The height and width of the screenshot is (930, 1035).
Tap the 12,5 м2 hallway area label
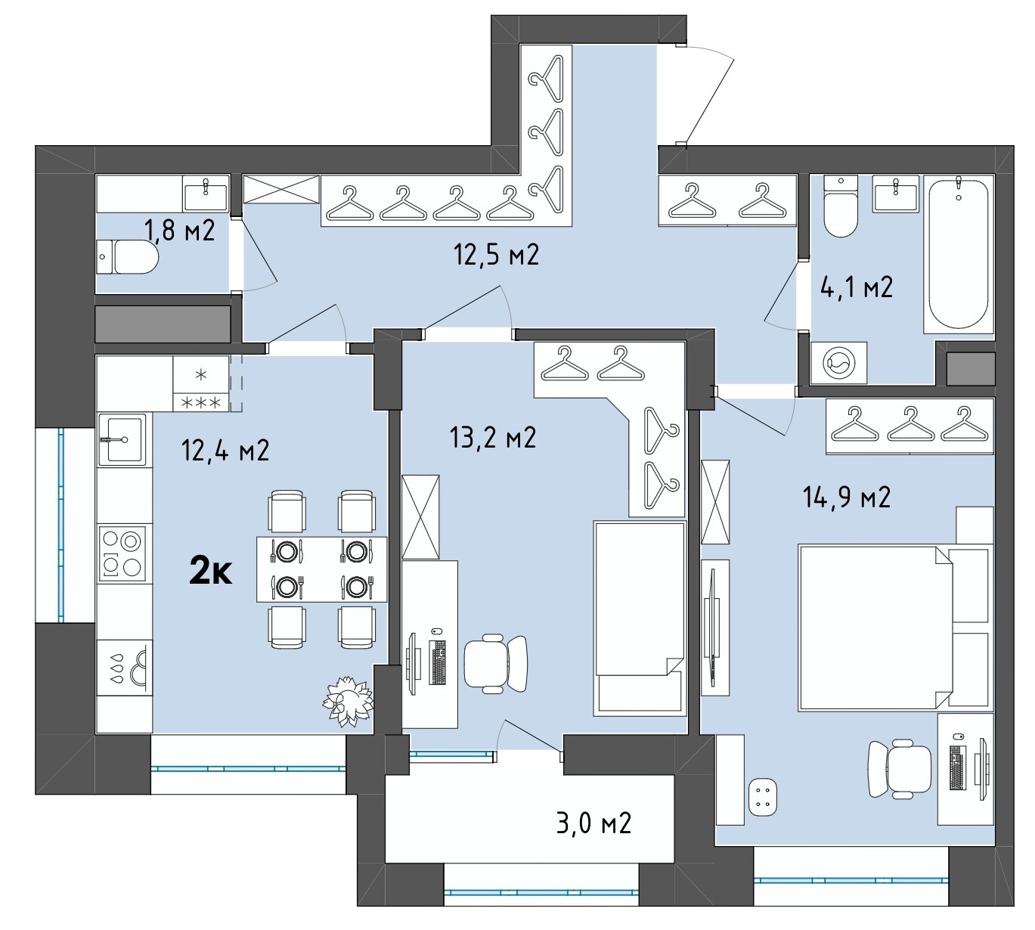pyautogui.click(x=496, y=254)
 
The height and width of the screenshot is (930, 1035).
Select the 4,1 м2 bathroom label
pyautogui.click(x=856, y=287)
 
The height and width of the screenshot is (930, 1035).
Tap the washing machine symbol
pyautogui.click(x=838, y=363)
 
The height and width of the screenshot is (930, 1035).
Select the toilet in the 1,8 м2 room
pyautogui.click(x=127, y=256)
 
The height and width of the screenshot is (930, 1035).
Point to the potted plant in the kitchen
pyautogui.click(x=348, y=700)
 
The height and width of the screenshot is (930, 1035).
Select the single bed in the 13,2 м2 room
pyautogui.click(x=639, y=617)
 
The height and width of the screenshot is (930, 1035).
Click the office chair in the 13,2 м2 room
pyautogui.click(x=495, y=663)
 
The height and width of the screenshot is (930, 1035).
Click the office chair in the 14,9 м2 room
pyautogui.click(x=899, y=769)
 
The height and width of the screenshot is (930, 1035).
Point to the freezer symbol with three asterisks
pyautogui.click(x=200, y=403)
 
